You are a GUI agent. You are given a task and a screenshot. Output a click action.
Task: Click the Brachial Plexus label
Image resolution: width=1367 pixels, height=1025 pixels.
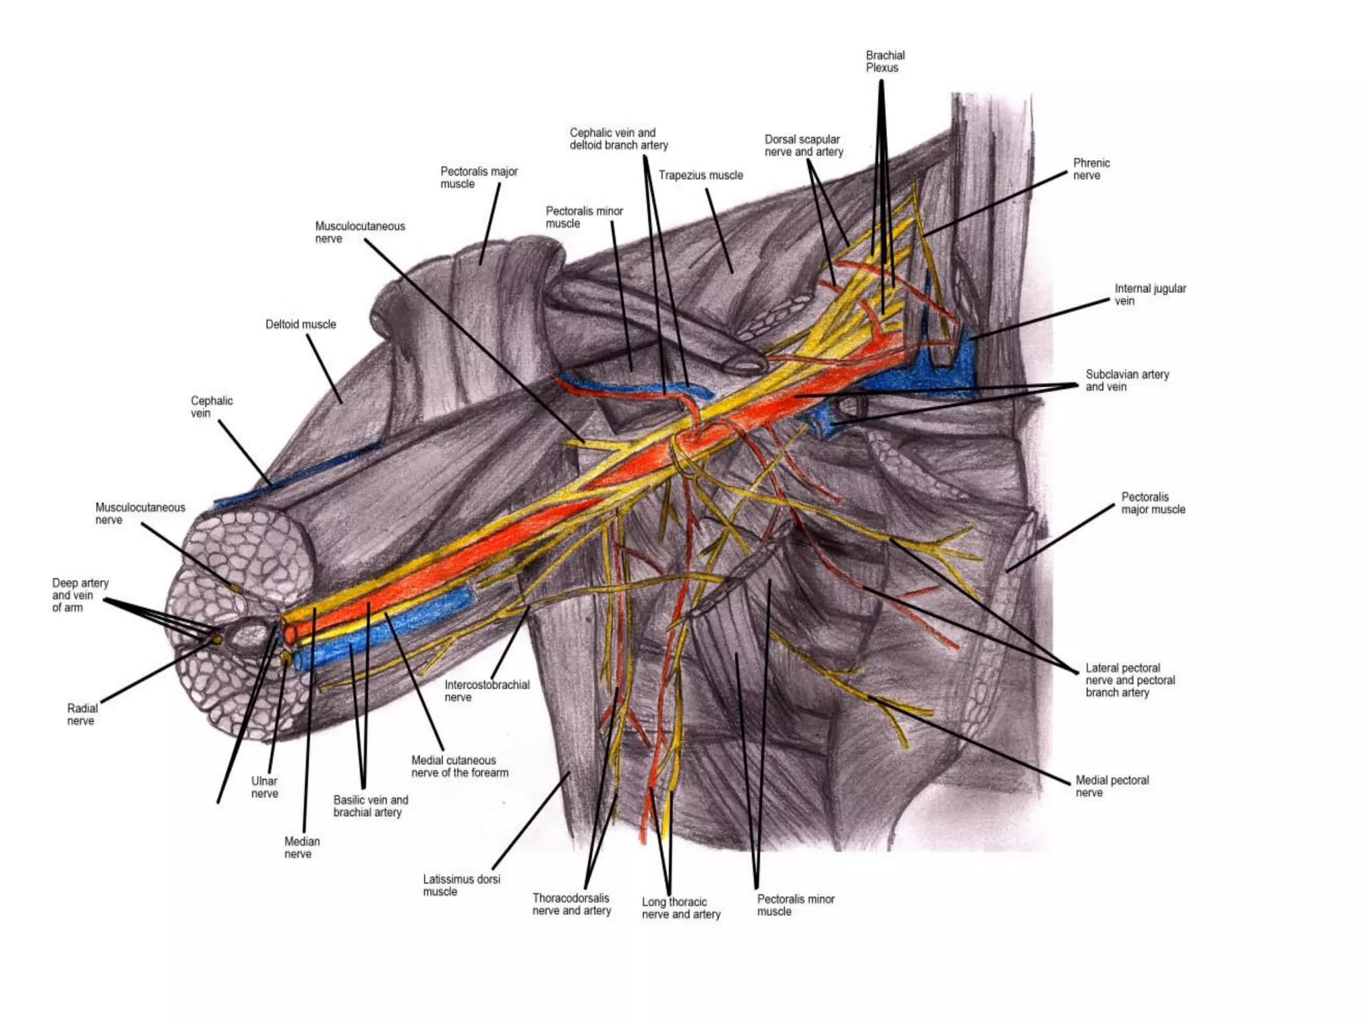tap(884, 61)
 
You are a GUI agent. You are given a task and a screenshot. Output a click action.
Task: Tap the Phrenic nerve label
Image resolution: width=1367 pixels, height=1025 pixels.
tap(1091, 169)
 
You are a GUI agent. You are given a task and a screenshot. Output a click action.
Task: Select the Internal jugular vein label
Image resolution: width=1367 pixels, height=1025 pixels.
tap(1149, 294)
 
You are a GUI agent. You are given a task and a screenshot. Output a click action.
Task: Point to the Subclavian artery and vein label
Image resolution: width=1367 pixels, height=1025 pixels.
tap(1127, 380)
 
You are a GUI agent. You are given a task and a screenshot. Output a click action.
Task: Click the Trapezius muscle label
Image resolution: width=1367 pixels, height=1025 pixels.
tap(700, 176)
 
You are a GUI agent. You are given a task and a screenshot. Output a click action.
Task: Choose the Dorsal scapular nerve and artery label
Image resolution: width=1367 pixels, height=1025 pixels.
tap(803, 145)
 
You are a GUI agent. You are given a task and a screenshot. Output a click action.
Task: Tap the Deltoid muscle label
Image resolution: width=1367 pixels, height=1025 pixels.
tap(300, 324)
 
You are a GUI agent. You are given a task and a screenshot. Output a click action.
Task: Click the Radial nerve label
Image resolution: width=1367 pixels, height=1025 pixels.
tap(81, 714)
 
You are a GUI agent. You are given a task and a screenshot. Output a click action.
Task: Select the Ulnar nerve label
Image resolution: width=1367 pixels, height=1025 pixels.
tap(264, 787)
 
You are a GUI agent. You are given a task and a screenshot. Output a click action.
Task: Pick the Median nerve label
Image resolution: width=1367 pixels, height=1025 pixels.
tap(302, 847)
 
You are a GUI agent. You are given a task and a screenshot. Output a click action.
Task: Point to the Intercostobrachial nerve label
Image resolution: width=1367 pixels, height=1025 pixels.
tap(487, 691)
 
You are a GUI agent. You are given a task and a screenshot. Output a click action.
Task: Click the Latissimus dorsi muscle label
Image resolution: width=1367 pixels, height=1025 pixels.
tap(461, 886)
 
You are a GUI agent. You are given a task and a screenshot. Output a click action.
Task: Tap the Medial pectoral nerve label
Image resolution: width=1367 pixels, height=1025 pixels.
tap(1111, 786)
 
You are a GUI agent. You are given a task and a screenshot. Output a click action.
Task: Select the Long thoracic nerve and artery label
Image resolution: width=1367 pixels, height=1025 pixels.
tap(681, 908)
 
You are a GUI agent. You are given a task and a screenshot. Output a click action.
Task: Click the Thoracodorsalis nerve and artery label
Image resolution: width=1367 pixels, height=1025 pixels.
tap(571, 904)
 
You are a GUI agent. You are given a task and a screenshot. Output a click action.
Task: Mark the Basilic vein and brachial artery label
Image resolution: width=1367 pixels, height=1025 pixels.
tap(370, 806)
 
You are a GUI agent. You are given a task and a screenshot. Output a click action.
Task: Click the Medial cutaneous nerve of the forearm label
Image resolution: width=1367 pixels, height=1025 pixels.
tap(459, 766)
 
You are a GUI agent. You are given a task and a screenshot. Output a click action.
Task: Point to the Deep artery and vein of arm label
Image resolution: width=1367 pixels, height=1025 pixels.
tap(79, 595)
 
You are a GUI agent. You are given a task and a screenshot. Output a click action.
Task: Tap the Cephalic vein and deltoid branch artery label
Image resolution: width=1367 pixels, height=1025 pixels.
tap(618, 139)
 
